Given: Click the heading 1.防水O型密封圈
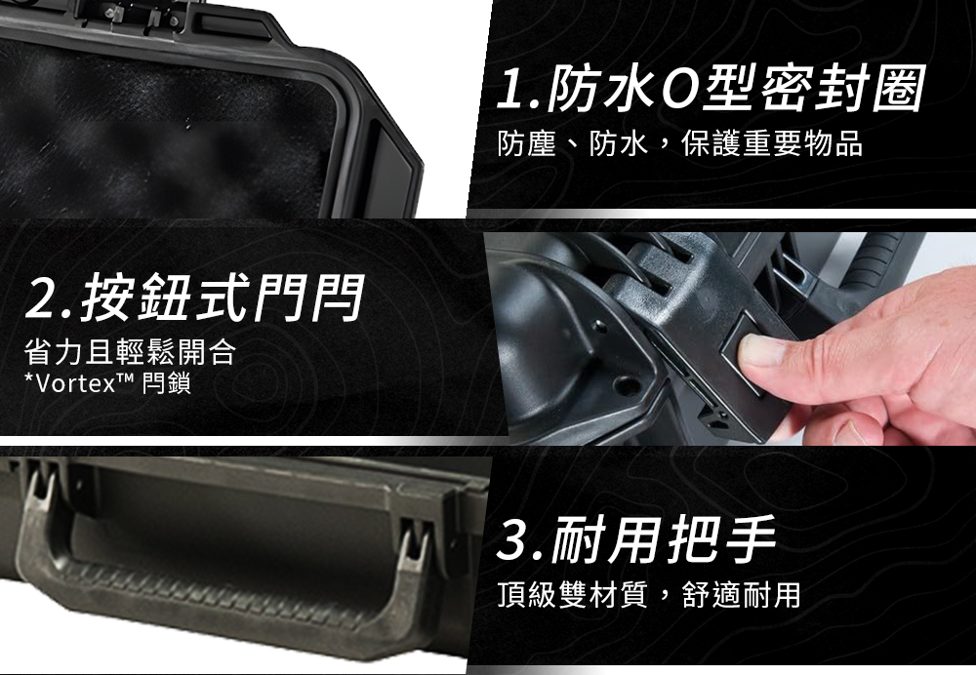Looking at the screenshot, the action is point(711,90).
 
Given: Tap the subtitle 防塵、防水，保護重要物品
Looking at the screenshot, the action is point(679,143).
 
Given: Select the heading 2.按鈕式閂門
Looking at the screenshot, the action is point(193,298).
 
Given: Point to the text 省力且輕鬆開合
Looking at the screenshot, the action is point(130,351).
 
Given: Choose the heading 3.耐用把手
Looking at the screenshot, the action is point(636,538).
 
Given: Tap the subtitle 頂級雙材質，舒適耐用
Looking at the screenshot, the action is point(649,595).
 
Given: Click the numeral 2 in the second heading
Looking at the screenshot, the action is point(41,300).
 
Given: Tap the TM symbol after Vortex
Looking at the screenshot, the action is point(126,378).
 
